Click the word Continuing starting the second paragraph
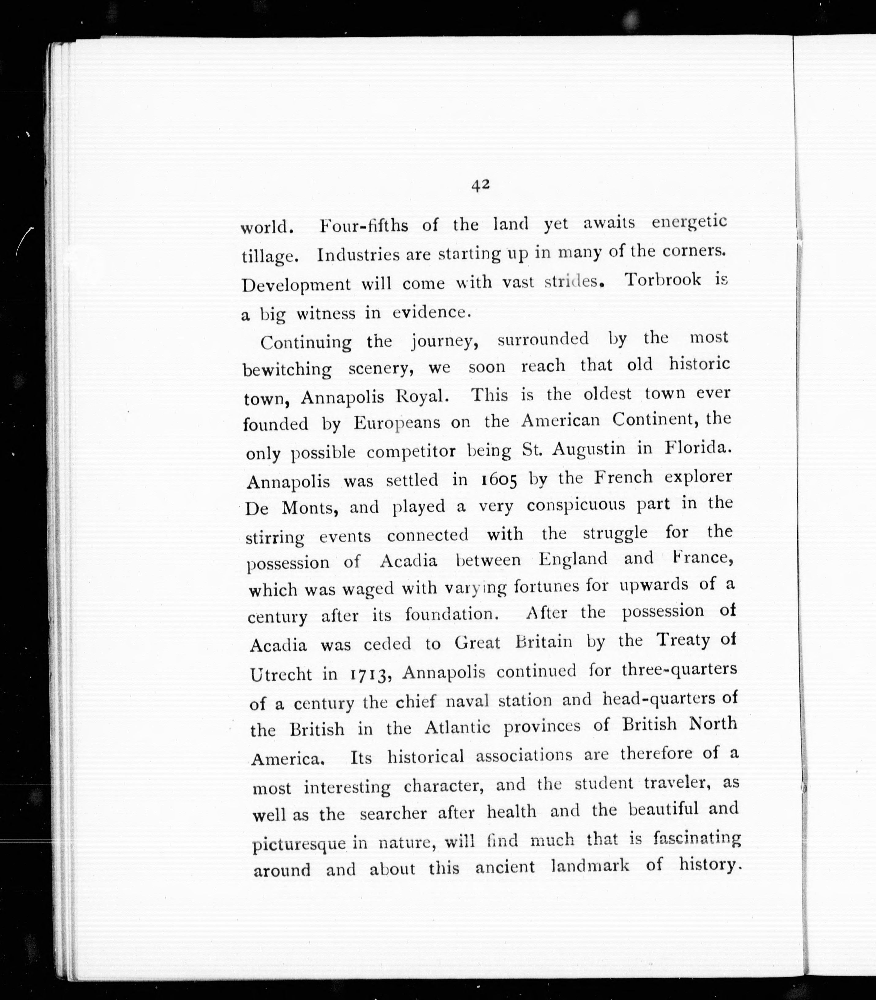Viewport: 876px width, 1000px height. (x=305, y=342)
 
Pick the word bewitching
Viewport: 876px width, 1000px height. (x=287, y=370)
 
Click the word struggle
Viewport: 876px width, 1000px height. (x=615, y=533)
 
